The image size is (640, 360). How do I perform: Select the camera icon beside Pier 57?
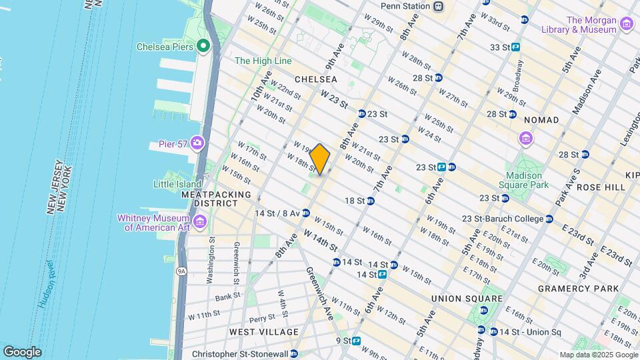[x=197, y=143]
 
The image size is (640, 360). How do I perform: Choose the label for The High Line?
[x=263, y=61]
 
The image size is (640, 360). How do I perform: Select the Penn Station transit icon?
[x=438, y=7]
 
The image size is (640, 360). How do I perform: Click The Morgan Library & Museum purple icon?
[x=626, y=25]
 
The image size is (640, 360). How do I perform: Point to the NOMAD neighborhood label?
[x=541, y=119]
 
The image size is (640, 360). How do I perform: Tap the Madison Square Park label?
[x=527, y=179]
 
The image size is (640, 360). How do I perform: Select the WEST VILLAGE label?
[x=264, y=332]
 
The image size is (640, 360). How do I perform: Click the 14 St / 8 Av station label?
[x=277, y=213]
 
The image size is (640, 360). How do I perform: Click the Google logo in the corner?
[x=21, y=352]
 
